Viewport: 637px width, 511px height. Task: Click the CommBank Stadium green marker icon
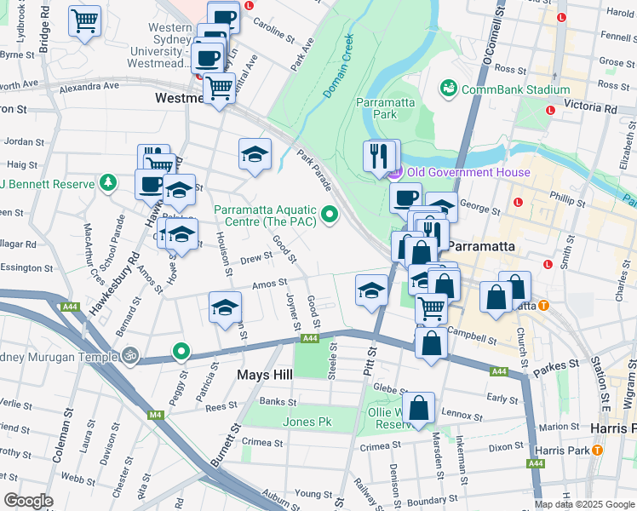coord(448,89)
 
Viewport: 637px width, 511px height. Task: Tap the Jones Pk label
coord(307,422)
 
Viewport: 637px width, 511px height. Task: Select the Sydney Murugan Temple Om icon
coord(129,354)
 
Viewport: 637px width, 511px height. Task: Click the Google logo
coord(28,500)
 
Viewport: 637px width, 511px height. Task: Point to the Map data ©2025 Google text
coord(584,504)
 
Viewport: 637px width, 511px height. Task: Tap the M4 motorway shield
coord(155,415)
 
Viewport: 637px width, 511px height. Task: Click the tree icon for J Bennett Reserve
coord(107,182)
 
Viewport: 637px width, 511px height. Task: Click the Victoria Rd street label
coord(588,108)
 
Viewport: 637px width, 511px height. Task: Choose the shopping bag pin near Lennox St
coord(419,408)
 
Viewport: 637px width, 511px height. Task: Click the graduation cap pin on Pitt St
coord(371,290)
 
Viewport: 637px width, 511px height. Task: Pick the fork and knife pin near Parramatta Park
coord(381,155)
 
